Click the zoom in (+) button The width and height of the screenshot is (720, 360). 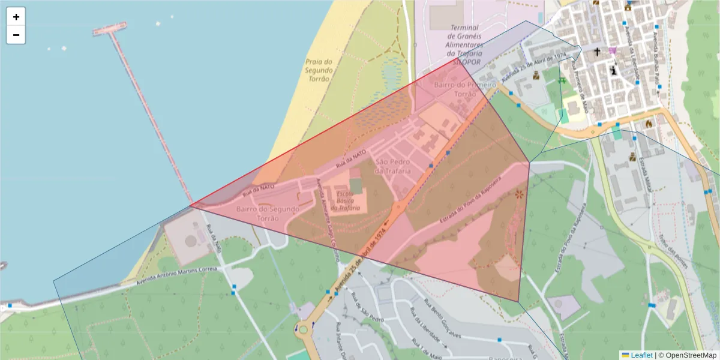pos(16,17)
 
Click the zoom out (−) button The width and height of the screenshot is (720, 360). pos(16,35)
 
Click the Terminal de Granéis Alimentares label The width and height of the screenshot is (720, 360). pos(464,40)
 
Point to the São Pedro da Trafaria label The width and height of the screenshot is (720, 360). pos(392,167)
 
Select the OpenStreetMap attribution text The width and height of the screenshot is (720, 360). pos(689,355)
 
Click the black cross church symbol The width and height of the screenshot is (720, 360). pos(597,52)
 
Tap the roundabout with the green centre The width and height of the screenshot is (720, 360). pos(304,329)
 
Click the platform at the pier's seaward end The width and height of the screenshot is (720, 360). pos(110,28)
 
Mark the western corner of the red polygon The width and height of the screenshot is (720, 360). pos(190,206)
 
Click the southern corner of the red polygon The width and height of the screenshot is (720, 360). pos(518,301)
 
